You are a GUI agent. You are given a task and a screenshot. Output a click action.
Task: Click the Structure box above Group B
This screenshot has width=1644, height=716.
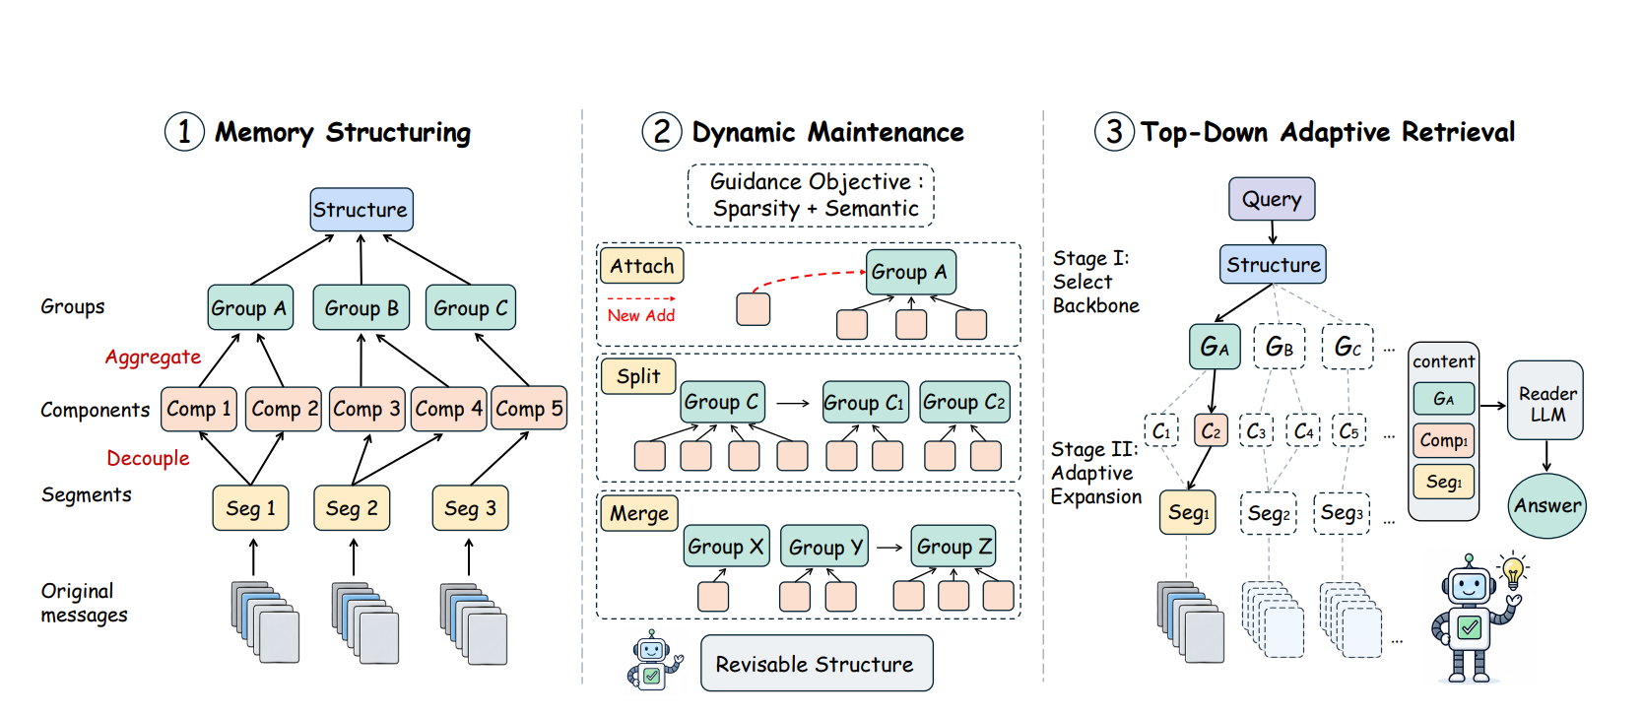[362, 210]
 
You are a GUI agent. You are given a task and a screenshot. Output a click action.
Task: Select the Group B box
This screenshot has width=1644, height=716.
[362, 307]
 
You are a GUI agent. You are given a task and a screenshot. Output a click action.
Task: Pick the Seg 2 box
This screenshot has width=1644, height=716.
[352, 507]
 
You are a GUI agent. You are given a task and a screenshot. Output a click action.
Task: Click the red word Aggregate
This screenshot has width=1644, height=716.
[153, 358]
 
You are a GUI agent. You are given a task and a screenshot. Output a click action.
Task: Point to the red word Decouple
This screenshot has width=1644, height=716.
[148, 459]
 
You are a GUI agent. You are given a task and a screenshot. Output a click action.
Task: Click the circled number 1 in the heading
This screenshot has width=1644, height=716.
[184, 132]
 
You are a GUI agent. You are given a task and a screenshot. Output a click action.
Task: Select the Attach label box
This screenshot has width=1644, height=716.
[641, 266]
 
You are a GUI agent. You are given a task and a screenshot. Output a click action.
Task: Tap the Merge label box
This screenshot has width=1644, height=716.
[638, 513]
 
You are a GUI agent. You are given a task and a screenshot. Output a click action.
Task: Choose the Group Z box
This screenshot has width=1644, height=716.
[954, 546]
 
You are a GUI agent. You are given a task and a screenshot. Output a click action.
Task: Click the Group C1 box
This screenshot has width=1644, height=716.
[865, 402]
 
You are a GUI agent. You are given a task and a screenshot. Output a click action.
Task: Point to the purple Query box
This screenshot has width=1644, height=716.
[1272, 199]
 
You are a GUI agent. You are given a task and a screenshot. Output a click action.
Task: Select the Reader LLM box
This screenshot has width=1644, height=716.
[1545, 401]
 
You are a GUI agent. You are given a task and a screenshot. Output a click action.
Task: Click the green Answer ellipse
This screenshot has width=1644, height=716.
[1547, 505]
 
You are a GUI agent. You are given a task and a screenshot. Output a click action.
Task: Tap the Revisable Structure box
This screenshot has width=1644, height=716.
[817, 663]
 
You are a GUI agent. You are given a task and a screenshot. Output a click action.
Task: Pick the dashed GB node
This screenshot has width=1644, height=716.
[1280, 347]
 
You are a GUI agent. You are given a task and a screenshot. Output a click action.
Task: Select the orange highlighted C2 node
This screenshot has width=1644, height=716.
[1211, 431]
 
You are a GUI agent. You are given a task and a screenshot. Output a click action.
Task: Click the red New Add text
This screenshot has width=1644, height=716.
[640, 315]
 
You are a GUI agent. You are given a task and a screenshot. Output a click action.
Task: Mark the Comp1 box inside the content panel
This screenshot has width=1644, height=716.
[1444, 440]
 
